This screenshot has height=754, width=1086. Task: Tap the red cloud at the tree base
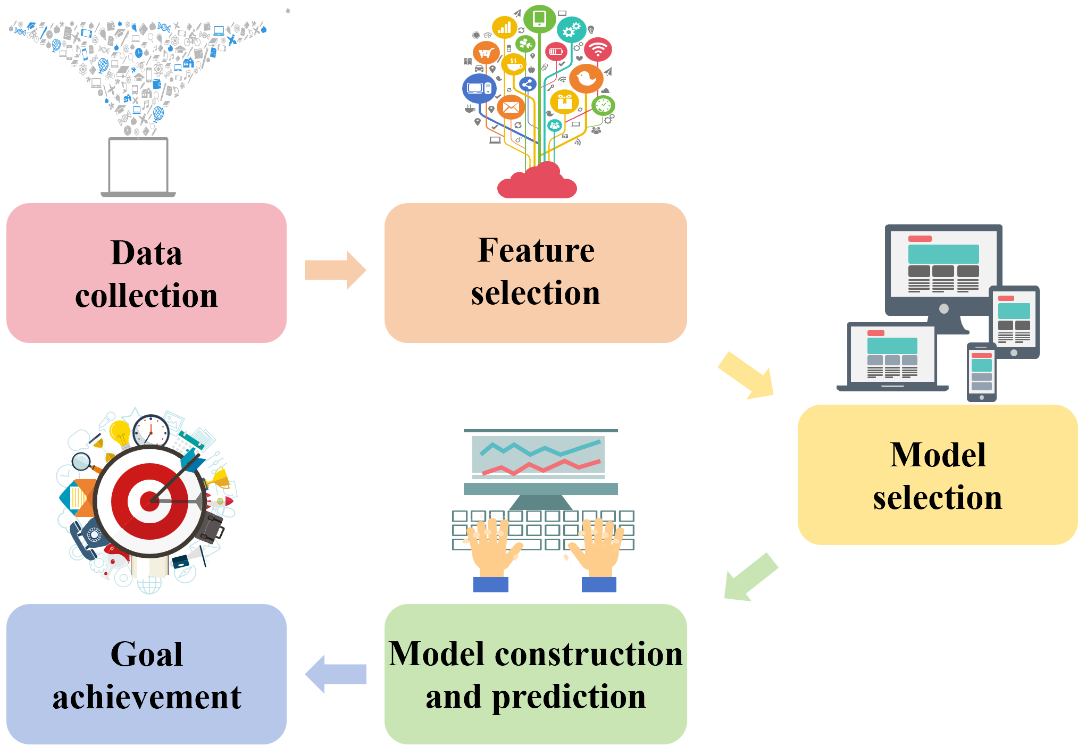pos(537,183)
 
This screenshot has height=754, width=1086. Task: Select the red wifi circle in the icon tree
pos(598,49)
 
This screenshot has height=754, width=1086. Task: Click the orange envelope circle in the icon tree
pos(511,107)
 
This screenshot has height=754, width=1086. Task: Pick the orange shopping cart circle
pos(486,53)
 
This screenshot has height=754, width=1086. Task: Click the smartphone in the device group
pos(981,372)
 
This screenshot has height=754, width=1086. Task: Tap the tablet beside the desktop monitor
pos(1014,322)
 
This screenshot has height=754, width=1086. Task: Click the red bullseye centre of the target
pos(149,501)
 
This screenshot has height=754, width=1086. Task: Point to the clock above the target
pos(151,430)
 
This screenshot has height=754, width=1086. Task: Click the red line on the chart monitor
pos(541,467)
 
